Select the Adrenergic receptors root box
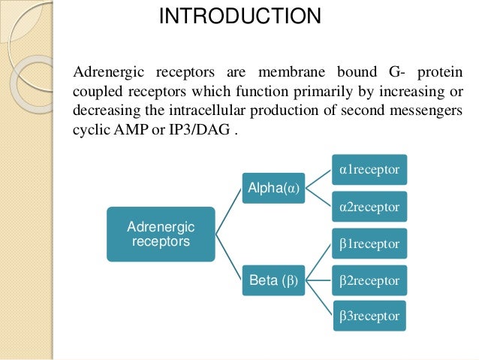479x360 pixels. pos(161,234)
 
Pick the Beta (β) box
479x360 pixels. pos(273,282)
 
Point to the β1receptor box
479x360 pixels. pos(369,244)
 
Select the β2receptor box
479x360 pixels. pos(369,280)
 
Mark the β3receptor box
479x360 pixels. pos(369,316)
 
